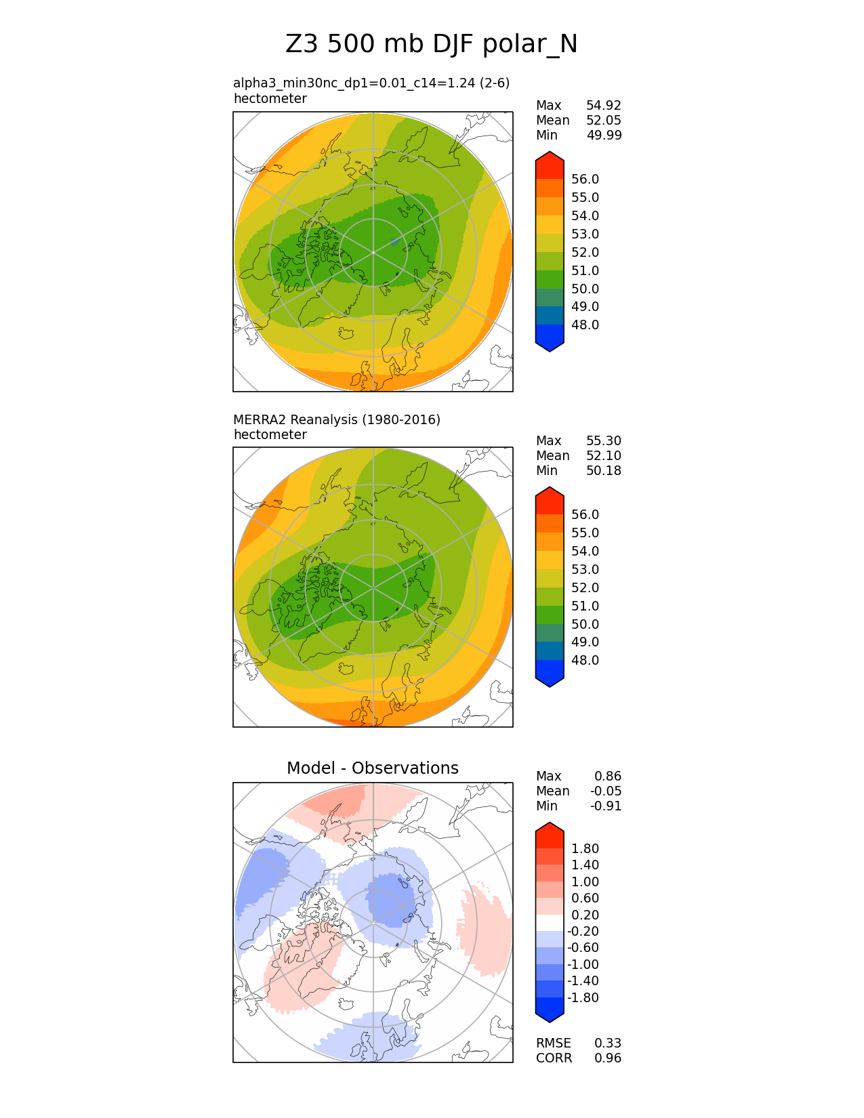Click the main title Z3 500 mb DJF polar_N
[x=432, y=45]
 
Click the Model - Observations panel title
[x=372, y=768]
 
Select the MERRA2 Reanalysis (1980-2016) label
[x=336, y=420]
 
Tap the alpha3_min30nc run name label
[x=371, y=83]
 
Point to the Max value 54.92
[x=603, y=106]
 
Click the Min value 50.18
[x=603, y=471]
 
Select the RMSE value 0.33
[x=607, y=1043]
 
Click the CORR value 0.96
[x=607, y=1058]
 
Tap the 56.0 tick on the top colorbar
[x=585, y=180]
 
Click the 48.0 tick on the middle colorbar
[x=585, y=661]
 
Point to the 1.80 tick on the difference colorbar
[x=585, y=849]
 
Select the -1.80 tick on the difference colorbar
[x=583, y=998]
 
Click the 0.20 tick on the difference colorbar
[x=585, y=915]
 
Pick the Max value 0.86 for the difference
[x=607, y=777]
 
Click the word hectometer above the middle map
[x=270, y=435]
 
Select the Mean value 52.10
[x=603, y=456]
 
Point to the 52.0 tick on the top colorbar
[x=585, y=253]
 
